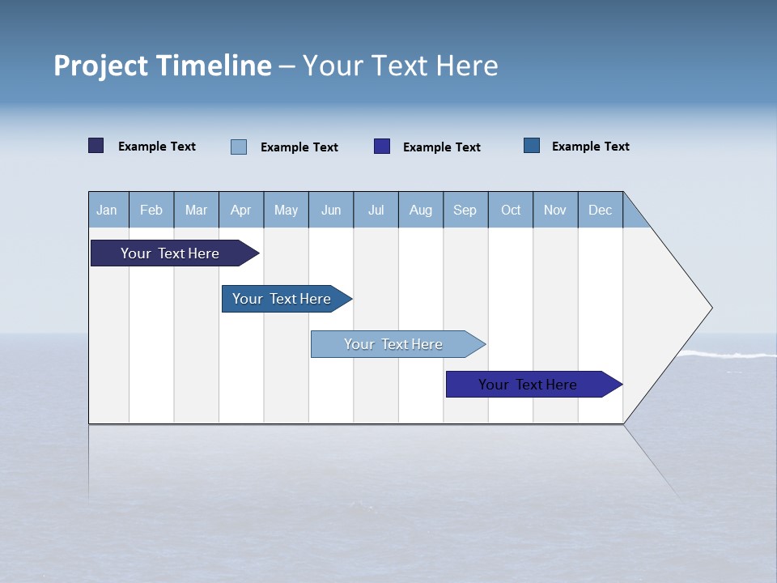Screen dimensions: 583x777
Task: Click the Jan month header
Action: pos(108,210)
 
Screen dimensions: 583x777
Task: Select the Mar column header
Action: pos(196,210)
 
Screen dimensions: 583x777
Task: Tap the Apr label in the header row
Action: pos(240,210)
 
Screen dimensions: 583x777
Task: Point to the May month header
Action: pos(286,210)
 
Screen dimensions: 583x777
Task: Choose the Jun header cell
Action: pos(331,210)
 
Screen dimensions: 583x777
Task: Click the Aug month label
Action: pos(420,210)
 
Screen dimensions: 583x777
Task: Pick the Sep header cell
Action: pos(465,210)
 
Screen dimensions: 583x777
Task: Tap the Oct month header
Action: pos(511,210)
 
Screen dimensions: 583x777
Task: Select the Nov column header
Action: pos(555,210)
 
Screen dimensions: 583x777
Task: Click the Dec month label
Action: pos(600,210)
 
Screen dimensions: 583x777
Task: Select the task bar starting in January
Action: pos(171,253)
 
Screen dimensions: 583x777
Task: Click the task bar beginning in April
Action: pos(282,299)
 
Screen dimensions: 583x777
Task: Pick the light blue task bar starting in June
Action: pos(394,344)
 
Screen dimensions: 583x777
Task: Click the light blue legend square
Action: pos(239,147)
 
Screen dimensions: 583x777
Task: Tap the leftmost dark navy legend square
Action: pos(96,146)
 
